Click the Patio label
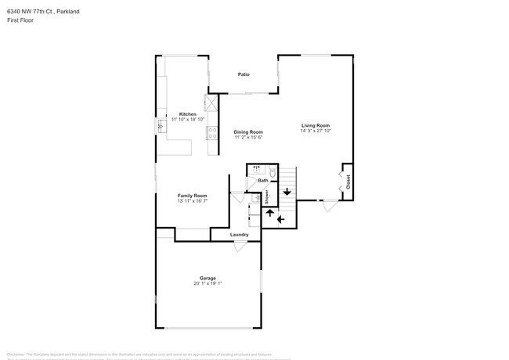244,74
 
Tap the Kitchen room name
188,113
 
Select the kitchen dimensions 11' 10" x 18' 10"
188,119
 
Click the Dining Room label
247,131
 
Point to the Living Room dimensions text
316,131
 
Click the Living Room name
316,125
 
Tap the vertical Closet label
348,182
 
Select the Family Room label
192,195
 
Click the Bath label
262,181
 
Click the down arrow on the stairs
287,191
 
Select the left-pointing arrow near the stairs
280,220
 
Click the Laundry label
239,235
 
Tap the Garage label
208,278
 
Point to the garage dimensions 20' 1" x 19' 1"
208,283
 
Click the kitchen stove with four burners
212,132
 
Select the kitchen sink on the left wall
162,124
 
